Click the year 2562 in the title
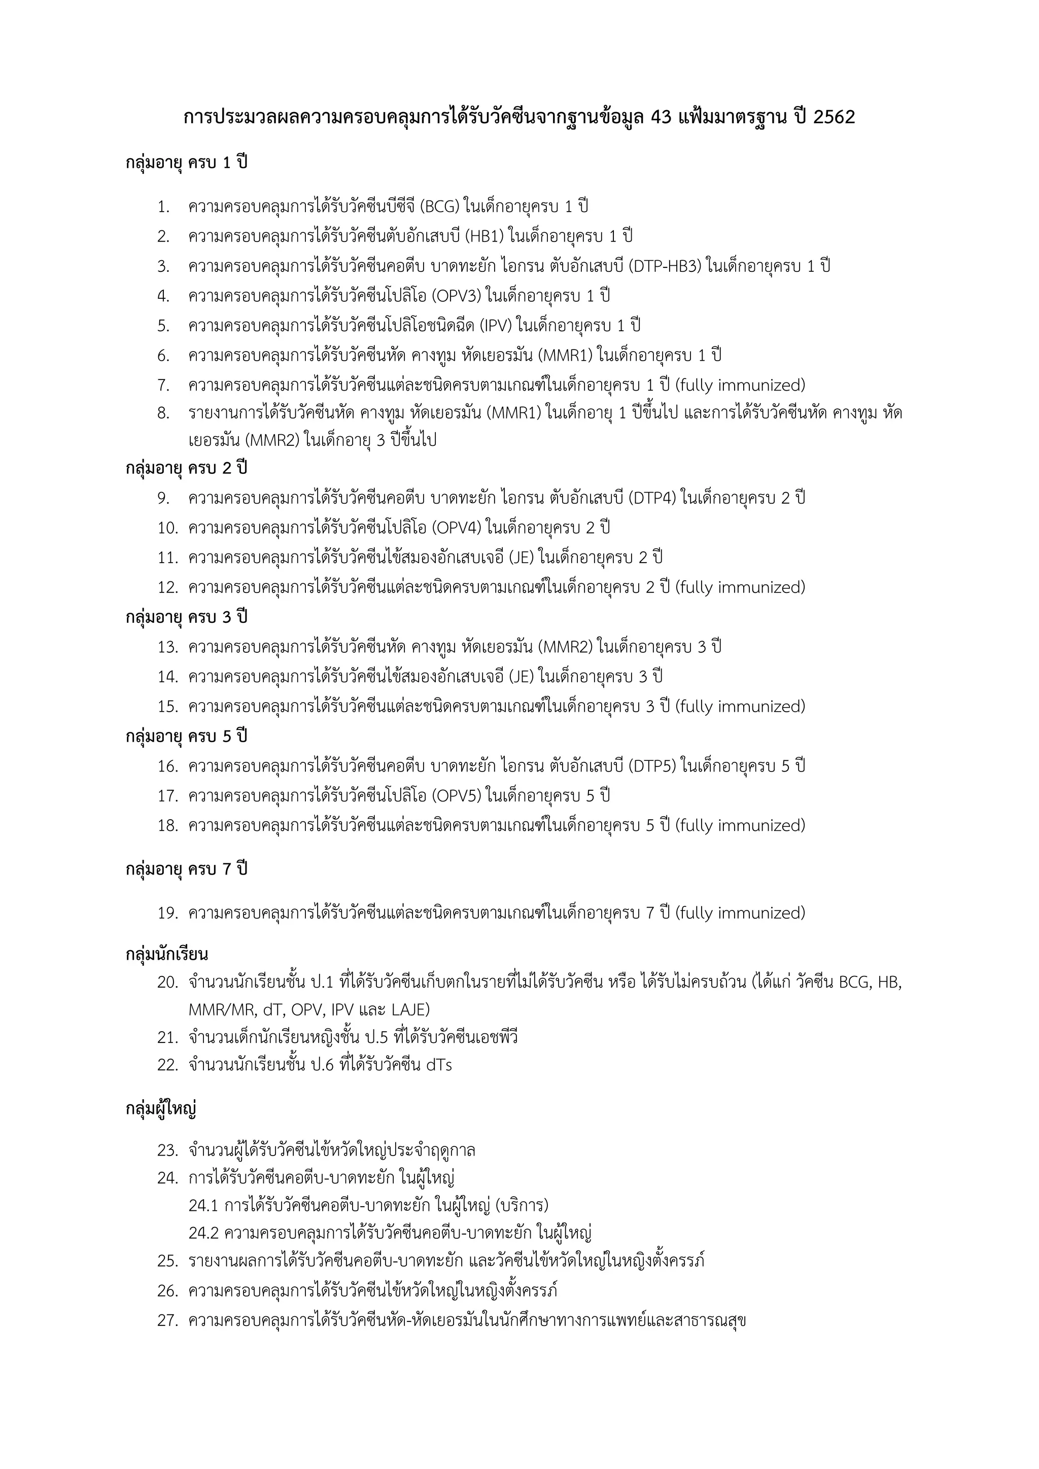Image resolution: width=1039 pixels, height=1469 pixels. coord(834,118)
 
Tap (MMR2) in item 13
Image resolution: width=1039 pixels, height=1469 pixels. coord(566,647)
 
